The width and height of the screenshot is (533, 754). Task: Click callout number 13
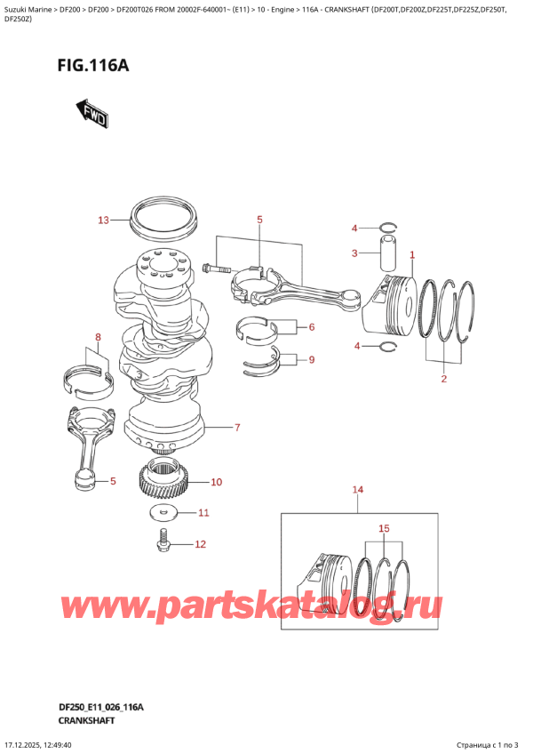103,220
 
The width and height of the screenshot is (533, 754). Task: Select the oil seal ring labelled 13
163,220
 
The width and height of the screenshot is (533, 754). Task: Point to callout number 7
237,428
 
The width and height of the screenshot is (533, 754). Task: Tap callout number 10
217,483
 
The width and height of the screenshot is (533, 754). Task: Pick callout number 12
200,544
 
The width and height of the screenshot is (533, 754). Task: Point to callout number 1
412,255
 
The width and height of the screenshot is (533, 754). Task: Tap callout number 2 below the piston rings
443,380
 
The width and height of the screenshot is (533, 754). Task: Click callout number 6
311,327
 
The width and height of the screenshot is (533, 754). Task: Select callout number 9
311,360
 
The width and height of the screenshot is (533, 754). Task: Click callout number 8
99,337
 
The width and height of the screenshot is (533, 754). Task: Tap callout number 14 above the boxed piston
358,490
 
